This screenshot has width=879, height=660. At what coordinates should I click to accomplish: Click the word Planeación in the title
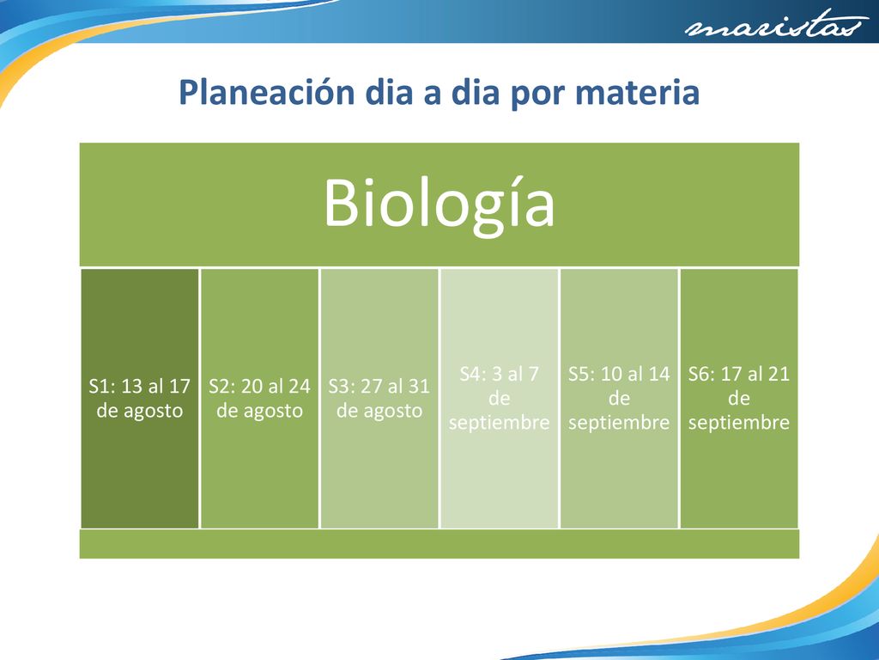coord(267,92)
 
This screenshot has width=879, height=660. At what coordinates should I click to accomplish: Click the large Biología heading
coord(439,203)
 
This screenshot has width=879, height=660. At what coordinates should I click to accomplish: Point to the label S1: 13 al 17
coord(140,386)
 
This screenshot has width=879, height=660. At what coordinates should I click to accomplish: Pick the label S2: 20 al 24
coord(259,386)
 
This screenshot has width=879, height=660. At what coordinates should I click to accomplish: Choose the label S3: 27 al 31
coord(379,386)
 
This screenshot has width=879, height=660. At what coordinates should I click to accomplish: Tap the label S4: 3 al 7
coord(499,374)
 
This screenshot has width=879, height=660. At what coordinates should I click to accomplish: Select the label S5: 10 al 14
coord(619,374)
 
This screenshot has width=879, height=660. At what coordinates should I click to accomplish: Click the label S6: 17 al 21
coord(739,374)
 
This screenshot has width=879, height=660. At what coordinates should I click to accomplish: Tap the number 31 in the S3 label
coord(419,386)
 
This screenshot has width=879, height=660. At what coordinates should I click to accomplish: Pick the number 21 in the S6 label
coord(779,374)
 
